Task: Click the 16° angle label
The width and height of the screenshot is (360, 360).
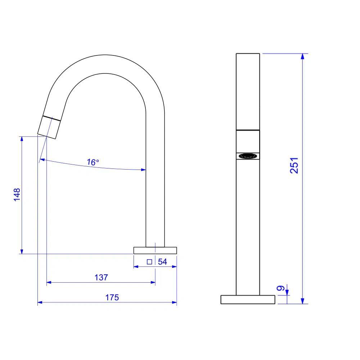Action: click(93, 162)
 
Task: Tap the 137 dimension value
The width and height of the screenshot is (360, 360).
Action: click(101, 278)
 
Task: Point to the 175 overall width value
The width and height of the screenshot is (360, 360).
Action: click(112, 297)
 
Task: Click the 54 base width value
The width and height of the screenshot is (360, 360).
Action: click(163, 262)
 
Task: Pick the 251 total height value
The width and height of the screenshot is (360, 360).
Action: click(294, 165)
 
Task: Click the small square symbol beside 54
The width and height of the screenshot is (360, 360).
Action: click(149, 262)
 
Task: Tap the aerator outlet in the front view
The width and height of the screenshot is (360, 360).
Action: click(248, 156)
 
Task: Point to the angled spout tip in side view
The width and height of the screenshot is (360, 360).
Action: click(49, 127)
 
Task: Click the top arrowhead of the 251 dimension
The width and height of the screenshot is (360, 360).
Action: click(303, 56)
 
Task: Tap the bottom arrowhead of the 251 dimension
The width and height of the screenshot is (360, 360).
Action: click(303, 301)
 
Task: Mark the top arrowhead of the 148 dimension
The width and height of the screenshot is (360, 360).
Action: click(22, 139)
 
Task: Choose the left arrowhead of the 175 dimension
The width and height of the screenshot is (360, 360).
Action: click(40, 302)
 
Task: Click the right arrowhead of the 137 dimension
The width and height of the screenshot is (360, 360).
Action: click(153, 283)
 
